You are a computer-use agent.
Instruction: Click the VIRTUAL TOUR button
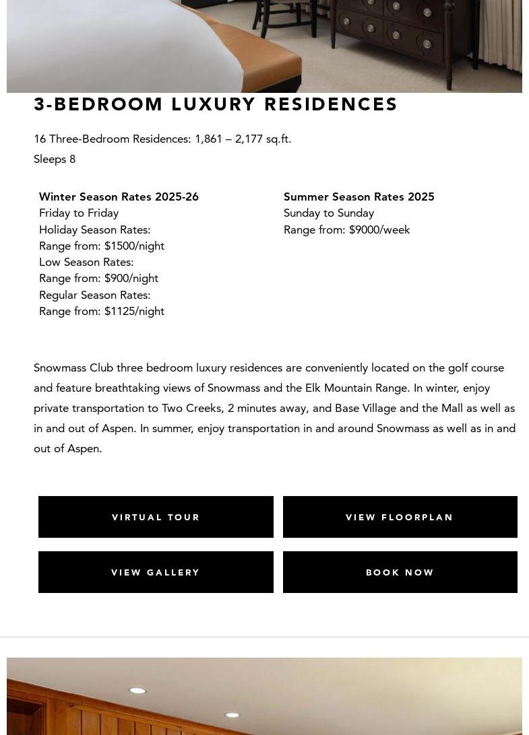click(156, 517)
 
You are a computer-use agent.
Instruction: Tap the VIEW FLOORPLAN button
click(400, 517)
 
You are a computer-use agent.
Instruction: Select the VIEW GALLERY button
click(156, 572)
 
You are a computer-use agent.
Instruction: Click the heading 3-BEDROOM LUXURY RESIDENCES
click(216, 104)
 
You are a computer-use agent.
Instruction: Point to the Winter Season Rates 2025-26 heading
click(119, 197)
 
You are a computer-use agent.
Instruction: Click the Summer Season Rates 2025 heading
click(359, 197)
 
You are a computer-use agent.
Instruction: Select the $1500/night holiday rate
click(134, 246)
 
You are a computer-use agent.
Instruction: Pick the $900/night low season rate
click(131, 278)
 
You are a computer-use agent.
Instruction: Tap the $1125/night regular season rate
click(134, 311)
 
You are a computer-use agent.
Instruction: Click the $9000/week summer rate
click(379, 230)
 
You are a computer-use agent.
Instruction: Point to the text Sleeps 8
click(55, 159)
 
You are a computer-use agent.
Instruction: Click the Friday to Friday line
click(79, 213)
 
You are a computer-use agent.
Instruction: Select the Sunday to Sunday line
click(329, 213)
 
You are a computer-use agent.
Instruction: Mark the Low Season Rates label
click(86, 262)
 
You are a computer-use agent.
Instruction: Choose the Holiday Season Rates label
click(94, 230)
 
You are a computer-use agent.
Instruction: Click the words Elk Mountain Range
click(356, 388)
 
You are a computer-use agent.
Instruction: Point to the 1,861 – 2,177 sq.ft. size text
click(243, 139)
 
